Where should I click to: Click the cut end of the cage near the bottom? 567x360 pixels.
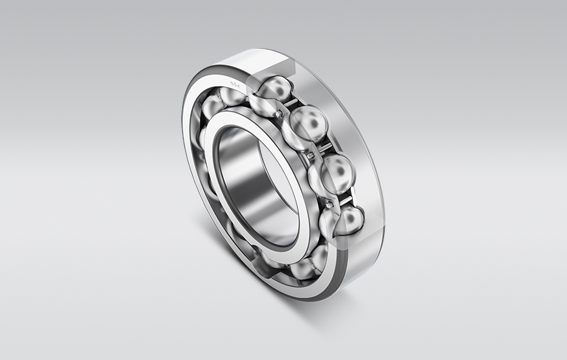point(262,262)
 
